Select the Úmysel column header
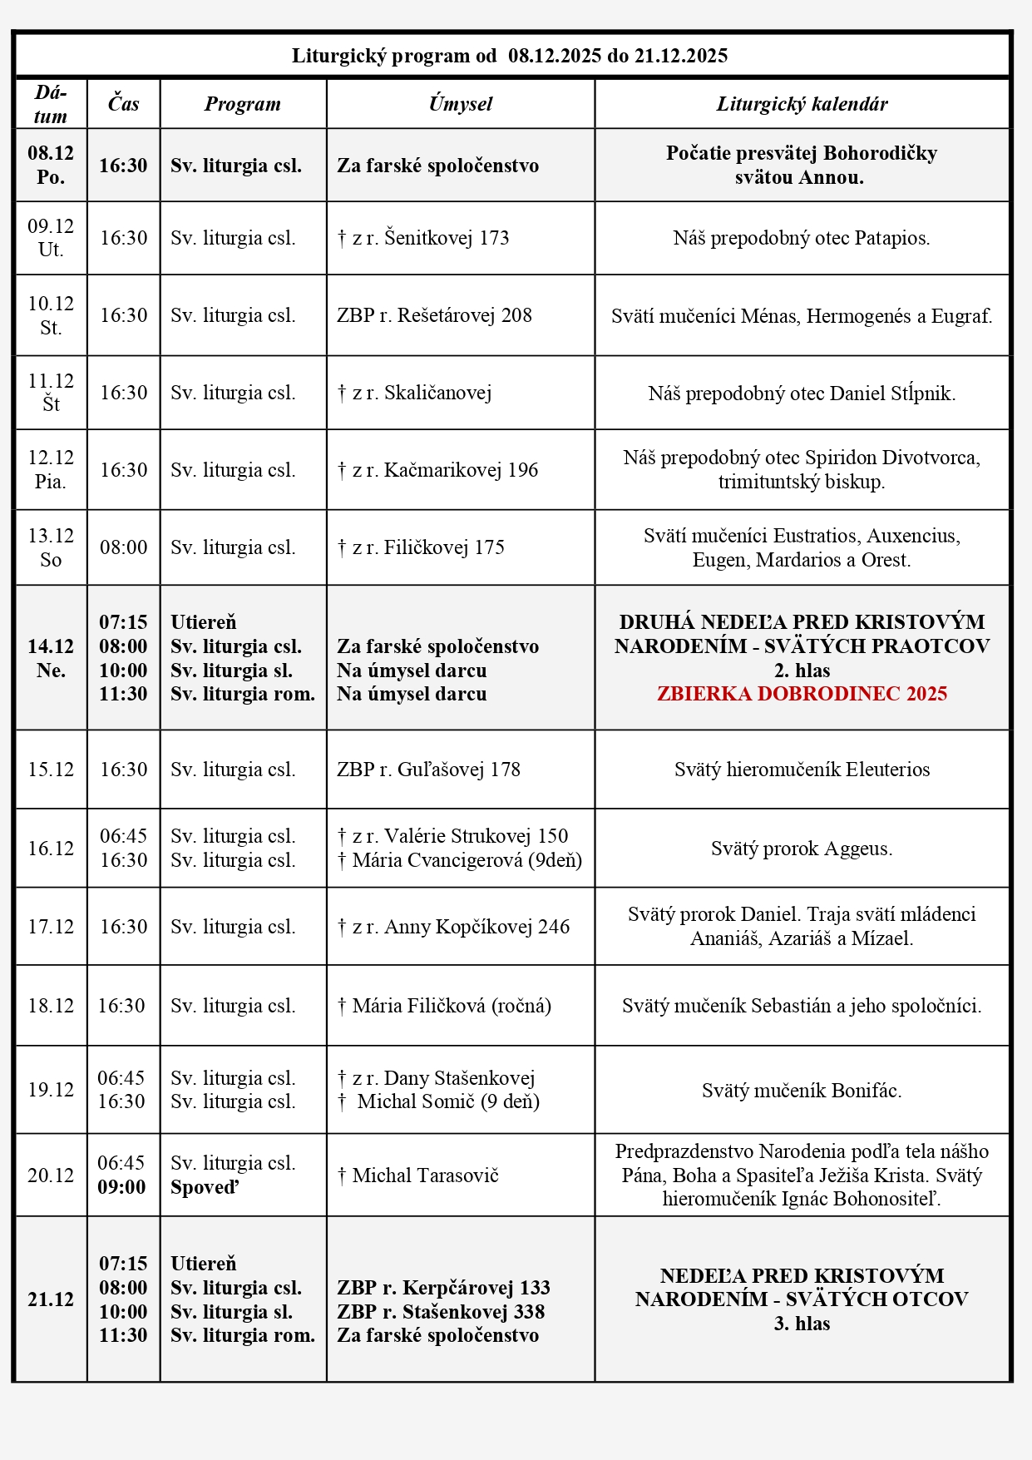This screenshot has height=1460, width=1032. point(460,104)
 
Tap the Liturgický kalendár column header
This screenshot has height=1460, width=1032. point(802,104)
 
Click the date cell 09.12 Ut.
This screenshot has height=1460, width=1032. point(51,238)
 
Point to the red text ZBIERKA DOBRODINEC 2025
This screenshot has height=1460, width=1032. point(802,694)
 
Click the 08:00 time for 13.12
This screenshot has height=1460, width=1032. point(123,547)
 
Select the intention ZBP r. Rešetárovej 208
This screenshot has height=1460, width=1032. point(434,315)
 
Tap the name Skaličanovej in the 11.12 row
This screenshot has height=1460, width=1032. point(437,393)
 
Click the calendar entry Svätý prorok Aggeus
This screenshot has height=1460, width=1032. point(802,849)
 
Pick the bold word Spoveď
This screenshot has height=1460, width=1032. point(205,1187)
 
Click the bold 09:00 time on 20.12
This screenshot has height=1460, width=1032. point(121,1187)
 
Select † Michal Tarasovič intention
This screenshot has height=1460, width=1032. point(417,1175)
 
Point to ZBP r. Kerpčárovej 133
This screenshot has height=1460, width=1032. point(443,1288)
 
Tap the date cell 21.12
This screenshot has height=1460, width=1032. point(51,1299)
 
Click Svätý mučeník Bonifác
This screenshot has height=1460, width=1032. point(802,1090)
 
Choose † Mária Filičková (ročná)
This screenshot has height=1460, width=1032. point(444,1006)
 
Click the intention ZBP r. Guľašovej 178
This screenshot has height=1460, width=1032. point(428,770)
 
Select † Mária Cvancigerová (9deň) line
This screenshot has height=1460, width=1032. point(460,860)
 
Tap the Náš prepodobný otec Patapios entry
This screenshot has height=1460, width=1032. point(802,238)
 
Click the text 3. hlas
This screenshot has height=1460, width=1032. point(802,1324)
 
